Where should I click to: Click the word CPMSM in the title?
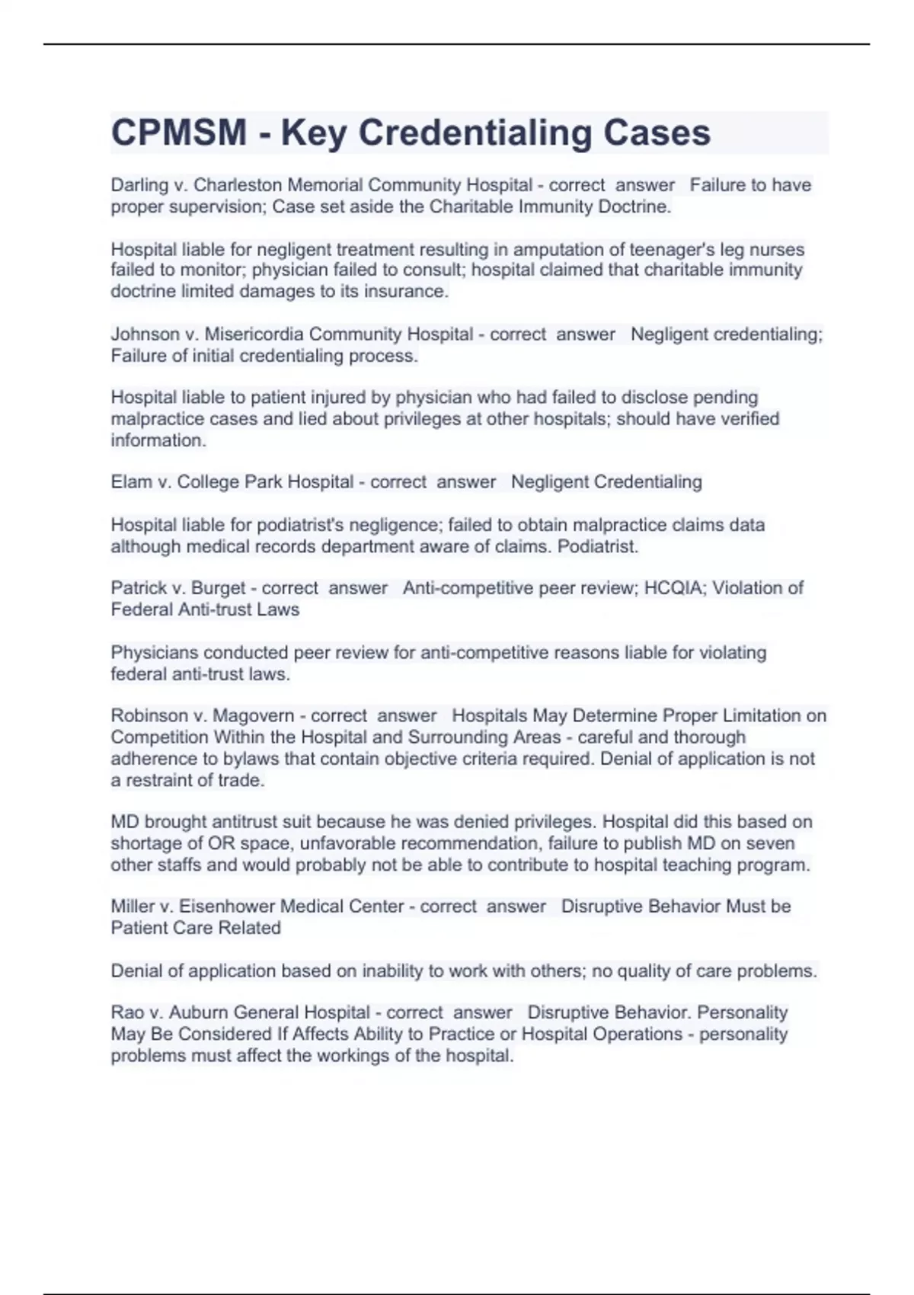pos(179,133)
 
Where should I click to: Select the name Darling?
pos(139,185)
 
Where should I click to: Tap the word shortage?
pos(143,843)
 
